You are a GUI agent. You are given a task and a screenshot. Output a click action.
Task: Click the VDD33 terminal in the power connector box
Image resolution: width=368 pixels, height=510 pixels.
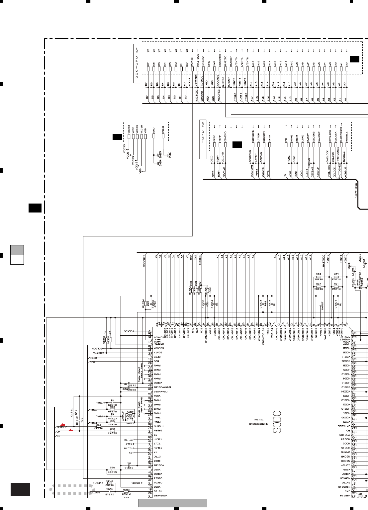click(129, 136)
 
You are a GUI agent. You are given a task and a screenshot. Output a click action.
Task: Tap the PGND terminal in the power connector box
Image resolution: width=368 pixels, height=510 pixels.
click(163, 136)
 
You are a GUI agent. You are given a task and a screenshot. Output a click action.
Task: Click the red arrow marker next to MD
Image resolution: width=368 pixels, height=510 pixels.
click(70, 430)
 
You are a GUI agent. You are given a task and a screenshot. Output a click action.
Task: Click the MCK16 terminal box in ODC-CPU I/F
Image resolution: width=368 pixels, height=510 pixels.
click(192, 69)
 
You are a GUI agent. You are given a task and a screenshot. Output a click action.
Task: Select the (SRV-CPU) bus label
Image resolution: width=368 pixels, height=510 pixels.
click(355, 190)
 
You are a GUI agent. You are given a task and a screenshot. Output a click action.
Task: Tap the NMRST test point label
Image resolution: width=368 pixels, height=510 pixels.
click(322, 306)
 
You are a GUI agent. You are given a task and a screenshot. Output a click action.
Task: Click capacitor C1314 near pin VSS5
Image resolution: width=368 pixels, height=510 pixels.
click(112, 470)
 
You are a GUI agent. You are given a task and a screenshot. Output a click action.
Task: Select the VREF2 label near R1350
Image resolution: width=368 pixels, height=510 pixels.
click(97, 483)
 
